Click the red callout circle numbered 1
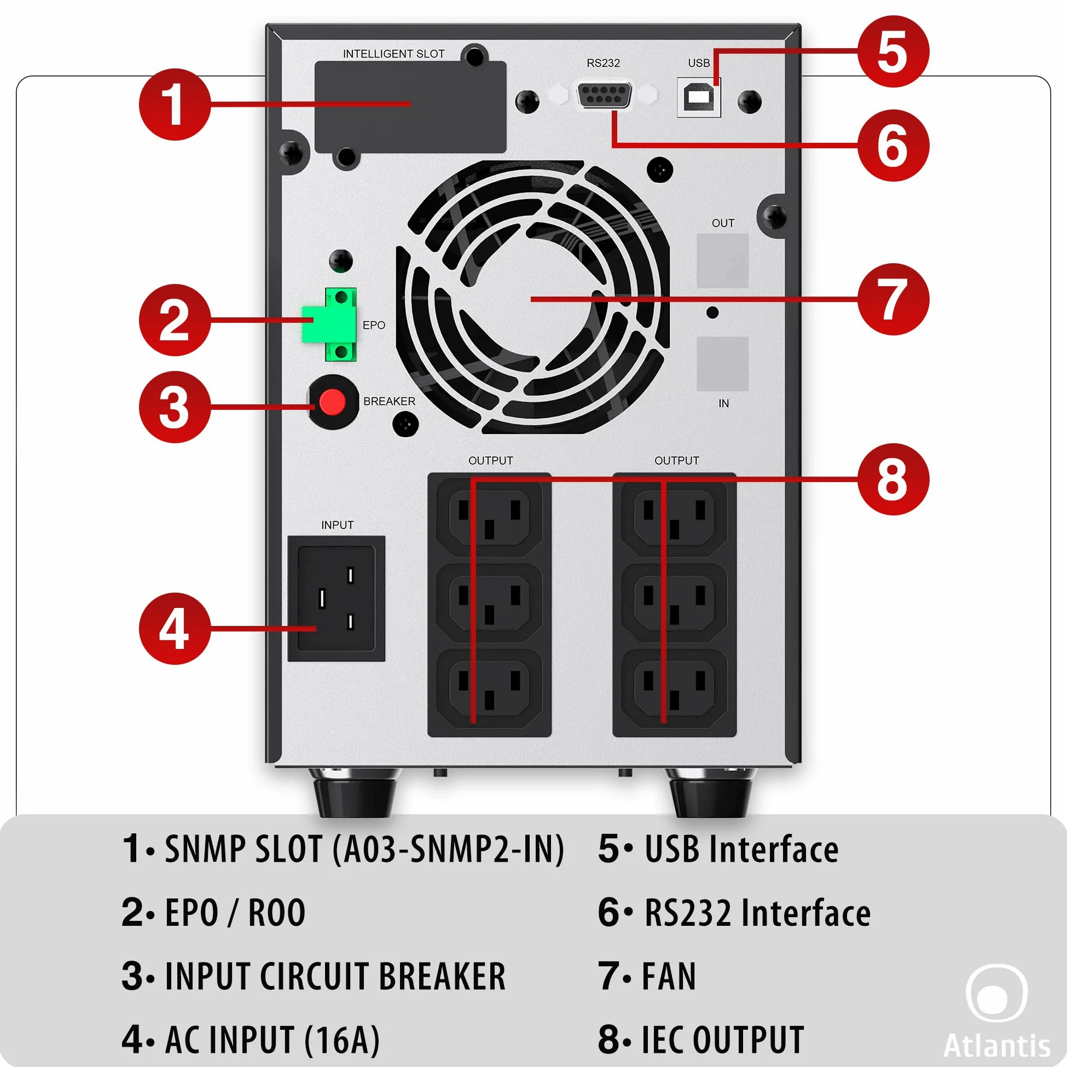[x=175, y=105]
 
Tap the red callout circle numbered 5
[x=893, y=51]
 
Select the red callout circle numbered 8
[x=893, y=479]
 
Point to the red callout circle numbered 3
[x=175, y=407]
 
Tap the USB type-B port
[x=699, y=97]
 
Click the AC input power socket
[x=337, y=599]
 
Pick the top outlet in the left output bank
[x=489, y=517]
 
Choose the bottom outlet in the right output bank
[x=674, y=688]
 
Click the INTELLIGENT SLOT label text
[x=394, y=54]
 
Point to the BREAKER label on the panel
[x=390, y=401]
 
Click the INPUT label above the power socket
[x=338, y=525]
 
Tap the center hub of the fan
[x=531, y=299]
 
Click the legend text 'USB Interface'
[x=742, y=849]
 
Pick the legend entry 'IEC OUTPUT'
[x=722, y=1040]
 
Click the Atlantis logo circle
[x=997, y=993]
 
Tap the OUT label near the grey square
[x=723, y=223]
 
